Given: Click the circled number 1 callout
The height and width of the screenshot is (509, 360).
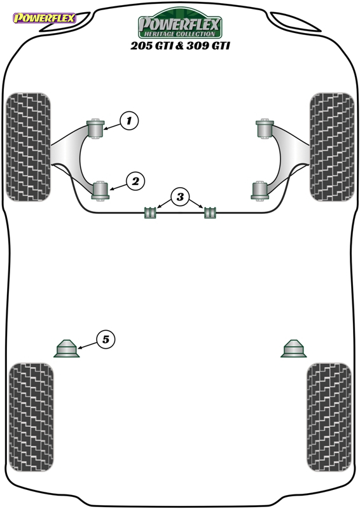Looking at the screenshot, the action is point(129,121).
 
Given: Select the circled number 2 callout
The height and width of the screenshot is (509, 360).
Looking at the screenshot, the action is point(135,181).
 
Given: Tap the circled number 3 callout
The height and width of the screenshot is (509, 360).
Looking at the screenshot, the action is point(180,197).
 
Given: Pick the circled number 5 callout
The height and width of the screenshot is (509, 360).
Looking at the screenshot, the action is point(106,340).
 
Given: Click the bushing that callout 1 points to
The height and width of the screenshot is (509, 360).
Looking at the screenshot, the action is point(96,129).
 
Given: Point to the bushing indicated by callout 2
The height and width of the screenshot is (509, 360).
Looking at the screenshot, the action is point(100,191).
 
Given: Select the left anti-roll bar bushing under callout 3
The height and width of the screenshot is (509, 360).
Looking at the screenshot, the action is point(150,212).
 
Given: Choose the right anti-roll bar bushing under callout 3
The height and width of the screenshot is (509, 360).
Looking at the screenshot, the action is point(210,212).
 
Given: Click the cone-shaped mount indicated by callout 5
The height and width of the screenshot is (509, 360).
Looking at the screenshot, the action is point(67,349).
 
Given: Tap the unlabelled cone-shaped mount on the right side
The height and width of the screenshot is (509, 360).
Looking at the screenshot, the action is point(294,349).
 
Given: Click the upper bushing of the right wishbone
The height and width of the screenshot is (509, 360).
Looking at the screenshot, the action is point(265,129).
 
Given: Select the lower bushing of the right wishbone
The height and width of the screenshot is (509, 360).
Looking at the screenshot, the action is point(260,191).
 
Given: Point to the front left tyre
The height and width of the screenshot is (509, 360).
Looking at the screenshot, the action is point(29,147).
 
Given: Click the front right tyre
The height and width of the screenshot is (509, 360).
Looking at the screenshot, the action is point(332,147).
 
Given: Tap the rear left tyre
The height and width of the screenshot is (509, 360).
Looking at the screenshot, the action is point(31,417).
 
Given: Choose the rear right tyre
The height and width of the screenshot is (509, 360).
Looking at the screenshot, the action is point(329,417).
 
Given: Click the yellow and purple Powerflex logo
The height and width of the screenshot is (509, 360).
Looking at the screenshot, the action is point(45,18).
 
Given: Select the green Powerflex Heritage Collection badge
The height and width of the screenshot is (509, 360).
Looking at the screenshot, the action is point(180,24).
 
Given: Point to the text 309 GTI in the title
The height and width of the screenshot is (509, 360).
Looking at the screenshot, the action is point(208,45).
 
